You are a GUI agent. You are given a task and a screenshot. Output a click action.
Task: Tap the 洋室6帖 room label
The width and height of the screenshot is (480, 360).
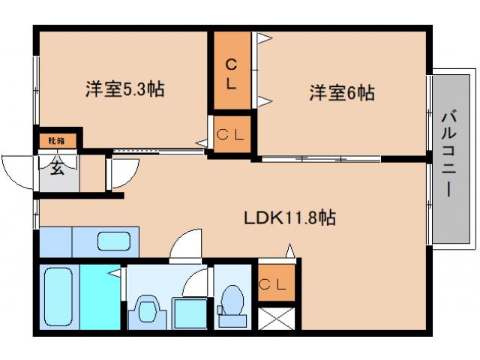point(342,93)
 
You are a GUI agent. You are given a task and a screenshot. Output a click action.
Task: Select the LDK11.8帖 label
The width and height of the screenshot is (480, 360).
point(289,218)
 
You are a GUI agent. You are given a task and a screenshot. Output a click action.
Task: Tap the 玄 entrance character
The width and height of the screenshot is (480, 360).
point(57,167)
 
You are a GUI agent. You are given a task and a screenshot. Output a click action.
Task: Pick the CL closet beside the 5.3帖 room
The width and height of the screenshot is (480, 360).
point(231,136)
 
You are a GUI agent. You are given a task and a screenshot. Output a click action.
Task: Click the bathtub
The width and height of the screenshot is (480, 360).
point(58,295)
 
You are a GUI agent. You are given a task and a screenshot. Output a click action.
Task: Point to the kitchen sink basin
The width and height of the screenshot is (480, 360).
point(113,241)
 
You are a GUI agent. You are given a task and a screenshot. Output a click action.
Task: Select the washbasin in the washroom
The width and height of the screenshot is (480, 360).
point(145,310)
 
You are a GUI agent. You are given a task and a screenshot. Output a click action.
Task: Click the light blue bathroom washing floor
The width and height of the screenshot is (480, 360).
point(99,295)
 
